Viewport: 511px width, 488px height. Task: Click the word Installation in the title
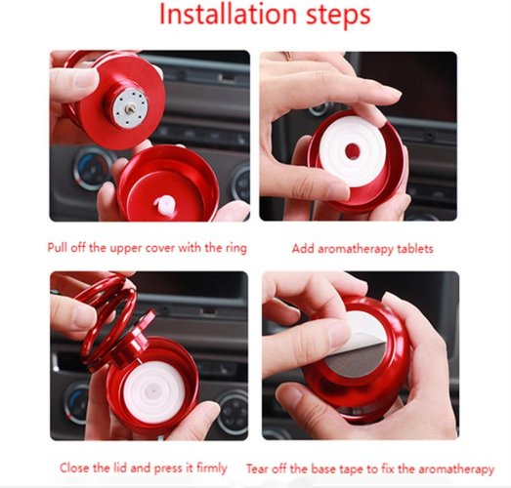[229, 15]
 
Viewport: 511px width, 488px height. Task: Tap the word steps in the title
[338, 17]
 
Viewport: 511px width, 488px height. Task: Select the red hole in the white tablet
[352, 150]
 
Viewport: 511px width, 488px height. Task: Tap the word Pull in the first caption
[58, 248]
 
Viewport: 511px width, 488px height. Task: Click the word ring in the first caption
[235, 249]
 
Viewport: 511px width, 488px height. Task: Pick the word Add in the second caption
[304, 249]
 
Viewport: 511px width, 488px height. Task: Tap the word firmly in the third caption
[211, 468]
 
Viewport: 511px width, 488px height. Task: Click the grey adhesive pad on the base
[357, 360]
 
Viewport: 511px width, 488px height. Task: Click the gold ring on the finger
[287, 55]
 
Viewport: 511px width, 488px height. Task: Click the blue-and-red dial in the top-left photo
[92, 168]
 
